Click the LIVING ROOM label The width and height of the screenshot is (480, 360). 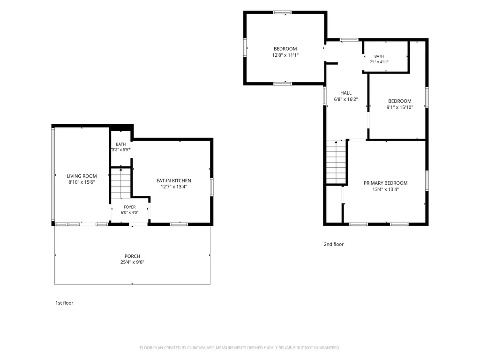pos(82,176)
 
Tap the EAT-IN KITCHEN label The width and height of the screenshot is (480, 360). pos(174,180)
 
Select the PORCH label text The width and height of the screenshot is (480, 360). pos(132,256)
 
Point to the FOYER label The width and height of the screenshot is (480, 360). pos(130,207)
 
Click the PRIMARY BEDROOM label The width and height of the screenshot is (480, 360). pos(386,183)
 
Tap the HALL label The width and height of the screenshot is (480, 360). pos(346,93)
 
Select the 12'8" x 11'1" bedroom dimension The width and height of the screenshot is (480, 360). pos(285,55)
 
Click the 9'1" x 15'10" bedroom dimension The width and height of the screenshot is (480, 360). pos(400,107)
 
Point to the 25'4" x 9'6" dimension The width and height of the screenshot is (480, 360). pos(132,262)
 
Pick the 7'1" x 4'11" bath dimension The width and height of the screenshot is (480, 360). pos(379,62)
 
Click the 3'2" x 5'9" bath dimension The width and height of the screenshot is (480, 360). pos(120,150)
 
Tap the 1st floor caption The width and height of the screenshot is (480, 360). pos(64,303)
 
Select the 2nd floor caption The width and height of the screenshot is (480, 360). pos(334,244)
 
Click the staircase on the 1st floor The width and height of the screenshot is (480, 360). pos(121,183)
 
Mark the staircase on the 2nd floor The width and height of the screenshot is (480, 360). pos(336,162)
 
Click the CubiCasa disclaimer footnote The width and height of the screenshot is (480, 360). pos(240,348)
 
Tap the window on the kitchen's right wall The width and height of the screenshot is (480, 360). pos(211,187)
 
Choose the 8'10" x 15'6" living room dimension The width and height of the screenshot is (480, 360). pos(82,182)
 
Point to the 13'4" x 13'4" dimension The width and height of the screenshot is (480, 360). pos(386,189)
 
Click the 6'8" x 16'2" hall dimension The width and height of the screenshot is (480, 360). pos(346,99)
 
